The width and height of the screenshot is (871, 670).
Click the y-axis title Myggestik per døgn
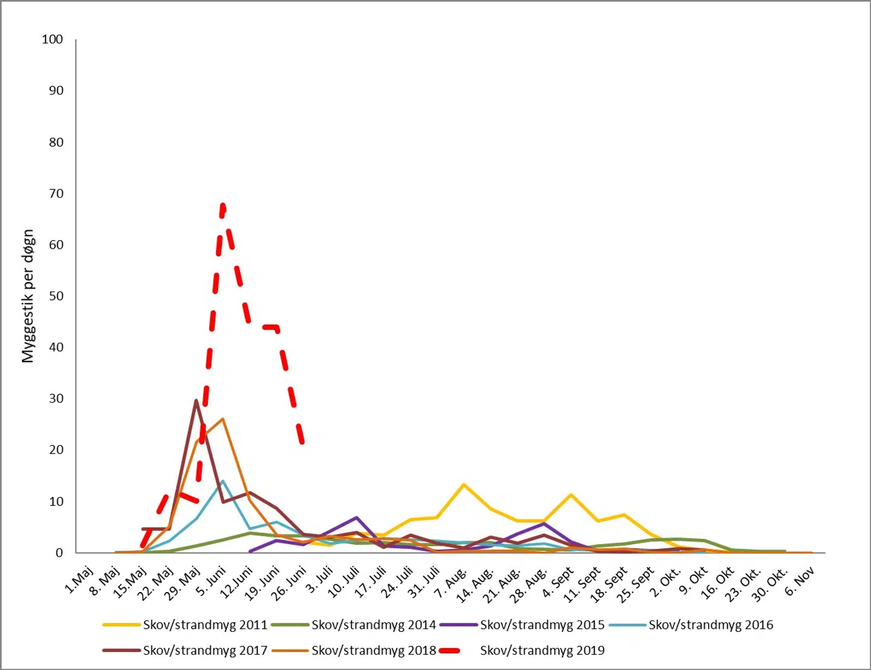[28, 296]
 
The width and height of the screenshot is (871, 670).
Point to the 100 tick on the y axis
[53, 39]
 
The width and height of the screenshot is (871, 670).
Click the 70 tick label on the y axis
[56, 194]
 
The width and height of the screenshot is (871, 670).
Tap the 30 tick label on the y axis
[56, 398]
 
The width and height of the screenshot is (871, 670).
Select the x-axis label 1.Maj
[79, 580]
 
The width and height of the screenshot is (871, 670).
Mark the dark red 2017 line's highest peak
[197, 400]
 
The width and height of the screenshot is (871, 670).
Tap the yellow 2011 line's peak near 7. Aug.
[463, 484]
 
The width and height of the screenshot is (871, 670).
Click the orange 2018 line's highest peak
[223, 418]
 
